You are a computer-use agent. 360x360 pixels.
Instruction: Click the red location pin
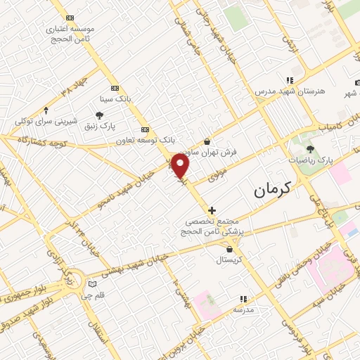181,167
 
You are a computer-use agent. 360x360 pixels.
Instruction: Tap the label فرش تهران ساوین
207,152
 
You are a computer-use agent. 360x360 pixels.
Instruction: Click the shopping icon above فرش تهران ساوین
207,141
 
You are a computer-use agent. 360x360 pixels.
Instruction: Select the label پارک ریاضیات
310,160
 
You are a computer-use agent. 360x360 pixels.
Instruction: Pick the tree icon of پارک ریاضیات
310,149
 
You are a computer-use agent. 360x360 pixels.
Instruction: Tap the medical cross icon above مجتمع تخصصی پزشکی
212,210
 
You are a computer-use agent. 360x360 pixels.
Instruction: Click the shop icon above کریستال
230,248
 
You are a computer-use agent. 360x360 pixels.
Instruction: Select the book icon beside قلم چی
91,284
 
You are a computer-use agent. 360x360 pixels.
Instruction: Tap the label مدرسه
243,309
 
